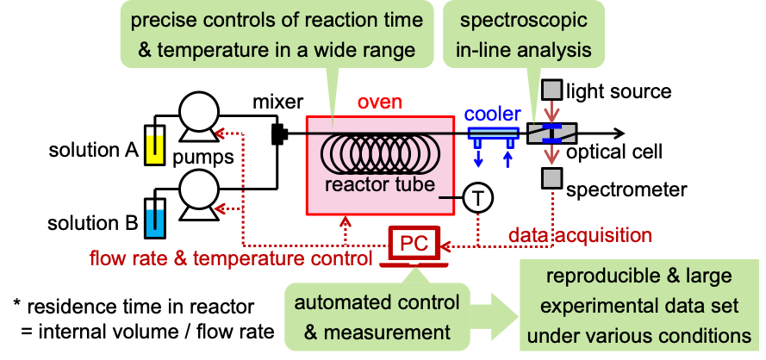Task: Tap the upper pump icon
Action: [x=198, y=118]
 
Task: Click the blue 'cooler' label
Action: [x=493, y=115]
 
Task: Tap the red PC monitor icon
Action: [x=414, y=245]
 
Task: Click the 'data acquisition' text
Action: [x=579, y=234]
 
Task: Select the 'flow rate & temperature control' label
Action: [x=231, y=258]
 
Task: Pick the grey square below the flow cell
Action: [x=551, y=178]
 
